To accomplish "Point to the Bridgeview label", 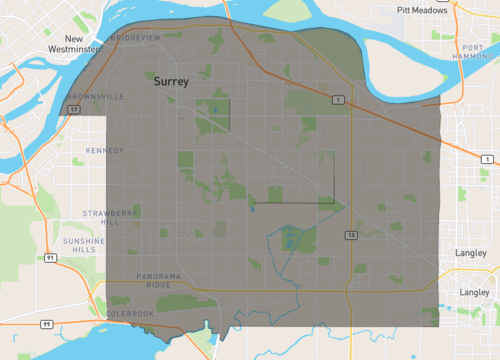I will coord(135,36).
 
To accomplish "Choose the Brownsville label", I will coord(97,97).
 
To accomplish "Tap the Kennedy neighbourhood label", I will coord(104,151).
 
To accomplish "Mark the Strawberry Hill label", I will coord(101,217).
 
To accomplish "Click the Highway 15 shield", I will coord(351,235).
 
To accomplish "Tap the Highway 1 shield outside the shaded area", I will coord(486,159).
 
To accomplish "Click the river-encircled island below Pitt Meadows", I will coord(400,65).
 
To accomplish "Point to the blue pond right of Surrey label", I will coord(213,108).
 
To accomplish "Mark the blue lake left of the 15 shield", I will coord(291,240).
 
